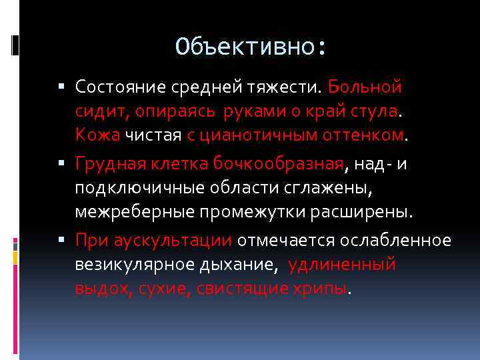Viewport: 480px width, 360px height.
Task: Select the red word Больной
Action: [365, 87]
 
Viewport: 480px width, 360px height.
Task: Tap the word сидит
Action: [97, 112]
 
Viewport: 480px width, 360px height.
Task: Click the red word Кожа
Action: [97, 137]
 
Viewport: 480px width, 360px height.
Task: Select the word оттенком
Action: [361, 137]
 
